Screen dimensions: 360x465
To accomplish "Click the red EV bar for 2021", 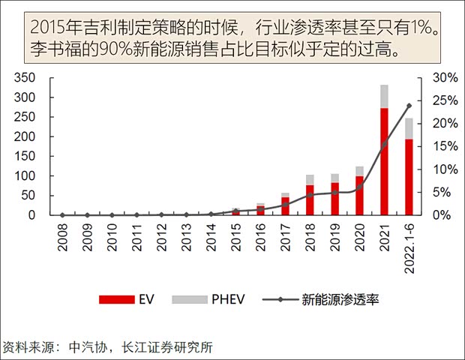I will point(384,161).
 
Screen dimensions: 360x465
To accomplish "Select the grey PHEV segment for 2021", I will point(384,97).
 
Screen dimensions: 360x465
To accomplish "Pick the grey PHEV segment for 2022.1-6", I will point(409,129).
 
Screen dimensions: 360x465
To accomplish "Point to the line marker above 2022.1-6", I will point(409,106).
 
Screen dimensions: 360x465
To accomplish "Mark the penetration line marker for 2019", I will point(334,192).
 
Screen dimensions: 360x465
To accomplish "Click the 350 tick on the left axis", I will point(25,78).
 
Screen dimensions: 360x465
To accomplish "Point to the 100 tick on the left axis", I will point(25,175).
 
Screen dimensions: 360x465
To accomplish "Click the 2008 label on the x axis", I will point(63,235).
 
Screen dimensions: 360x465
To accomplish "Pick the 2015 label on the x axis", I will point(236,235).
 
